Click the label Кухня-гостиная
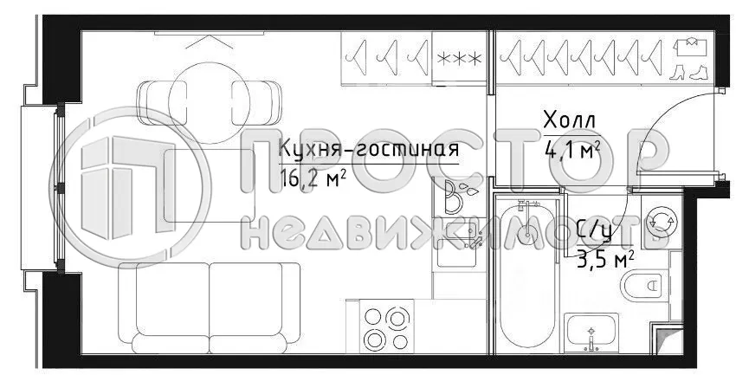368,150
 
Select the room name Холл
570,120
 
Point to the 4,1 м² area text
572,151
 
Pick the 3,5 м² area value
605,257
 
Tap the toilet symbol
645,284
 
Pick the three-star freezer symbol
460,59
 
